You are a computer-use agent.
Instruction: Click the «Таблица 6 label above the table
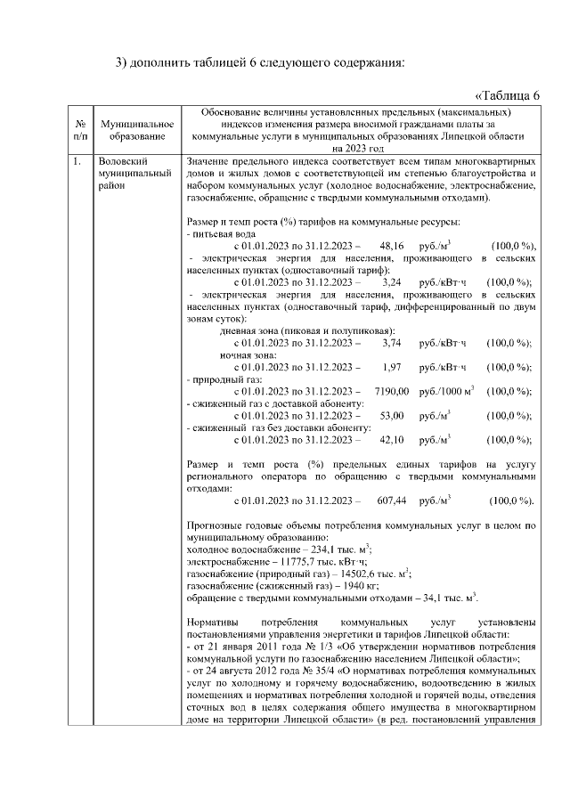click(x=508, y=95)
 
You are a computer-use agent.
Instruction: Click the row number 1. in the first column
click(x=79, y=161)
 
